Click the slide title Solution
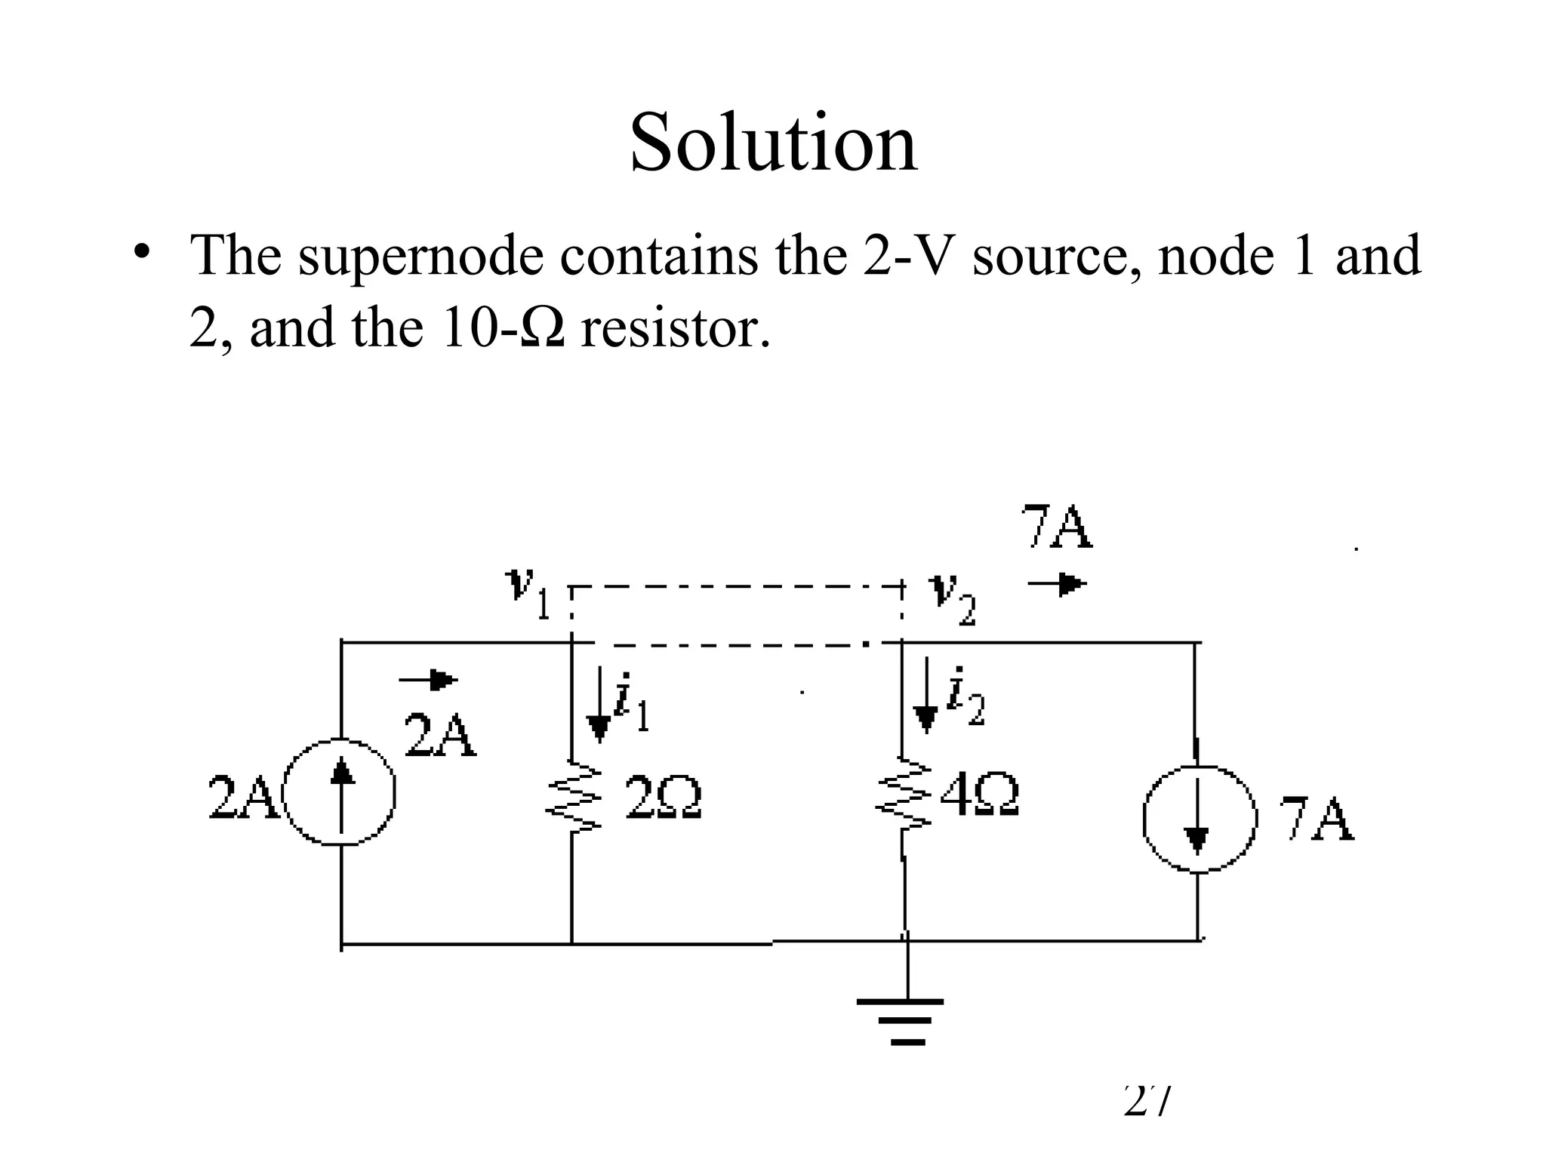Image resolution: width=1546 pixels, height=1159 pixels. click(x=773, y=143)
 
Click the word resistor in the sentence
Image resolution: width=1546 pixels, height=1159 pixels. click(x=675, y=329)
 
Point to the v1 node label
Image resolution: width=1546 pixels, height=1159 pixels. click(x=528, y=593)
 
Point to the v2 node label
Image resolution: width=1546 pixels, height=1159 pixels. click(x=953, y=598)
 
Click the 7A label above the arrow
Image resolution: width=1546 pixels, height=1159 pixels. click(x=1056, y=528)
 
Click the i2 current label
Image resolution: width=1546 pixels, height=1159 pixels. click(x=965, y=697)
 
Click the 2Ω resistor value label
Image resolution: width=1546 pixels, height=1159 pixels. click(x=664, y=799)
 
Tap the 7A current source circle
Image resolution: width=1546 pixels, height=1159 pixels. click(x=1198, y=818)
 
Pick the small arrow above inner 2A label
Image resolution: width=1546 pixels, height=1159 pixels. click(x=428, y=681)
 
